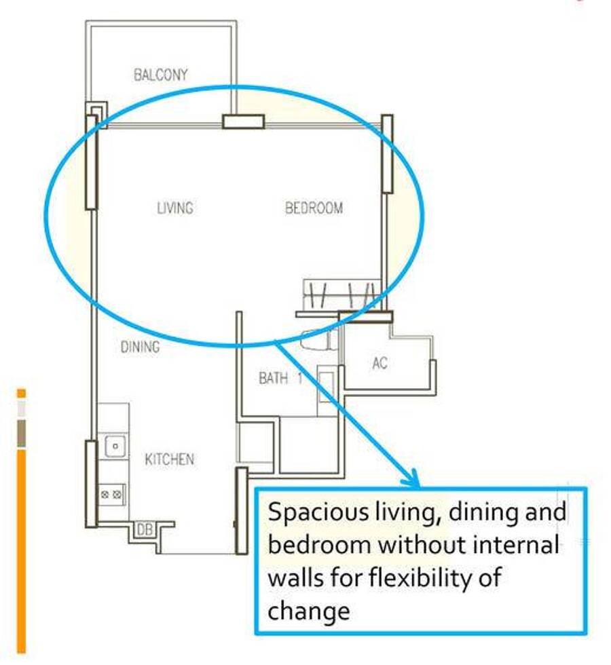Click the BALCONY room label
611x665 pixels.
[x=160, y=75]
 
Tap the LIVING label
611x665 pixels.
[x=175, y=208]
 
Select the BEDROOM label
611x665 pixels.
[x=314, y=208]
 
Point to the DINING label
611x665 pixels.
[x=141, y=347]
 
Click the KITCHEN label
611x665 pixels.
[x=169, y=459]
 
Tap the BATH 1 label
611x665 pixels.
[x=280, y=378]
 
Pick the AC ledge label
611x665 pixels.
[x=379, y=363]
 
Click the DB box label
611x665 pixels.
[x=145, y=529]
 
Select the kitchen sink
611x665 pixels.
[x=115, y=446]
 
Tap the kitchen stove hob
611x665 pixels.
[x=111, y=495]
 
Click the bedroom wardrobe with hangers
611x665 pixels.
[x=341, y=294]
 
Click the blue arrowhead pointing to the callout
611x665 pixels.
[x=411, y=478]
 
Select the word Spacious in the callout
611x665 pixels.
[x=318, y=513]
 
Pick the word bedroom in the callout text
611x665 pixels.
[x=320, y=544]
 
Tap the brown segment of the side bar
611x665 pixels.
[x=21, y=434]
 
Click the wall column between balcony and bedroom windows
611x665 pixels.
[x=244, y=121]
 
